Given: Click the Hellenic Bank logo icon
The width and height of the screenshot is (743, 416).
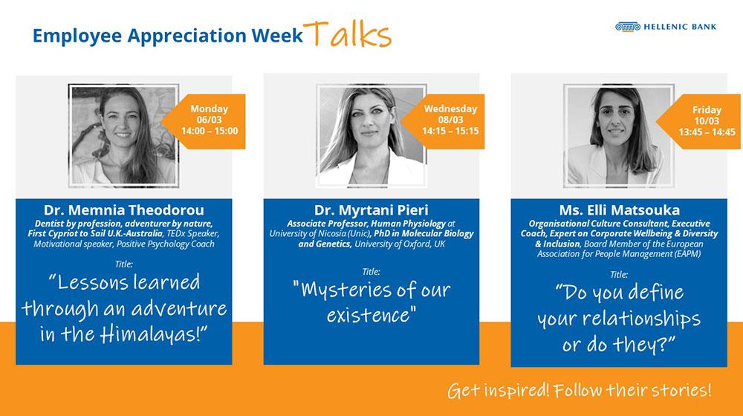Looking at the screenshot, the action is pyautogui.click(x=627, y=27).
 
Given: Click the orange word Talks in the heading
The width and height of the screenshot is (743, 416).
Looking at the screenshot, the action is pyautogui.click(x=348, y=34).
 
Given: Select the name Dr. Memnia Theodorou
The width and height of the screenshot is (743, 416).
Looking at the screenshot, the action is pyautogui.click(x=123, y=210).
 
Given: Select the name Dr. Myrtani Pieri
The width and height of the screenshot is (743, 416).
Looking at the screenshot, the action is pyautogui.click(x=371, y=210).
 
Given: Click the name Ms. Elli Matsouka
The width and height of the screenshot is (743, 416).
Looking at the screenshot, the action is pyautogui.click(x=619, y=210).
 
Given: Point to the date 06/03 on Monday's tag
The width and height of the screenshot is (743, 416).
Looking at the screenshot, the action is pyautogui.click(x=209, y=120).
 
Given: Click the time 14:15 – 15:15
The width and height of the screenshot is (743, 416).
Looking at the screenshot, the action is pyautogui.click(x=450, y=131).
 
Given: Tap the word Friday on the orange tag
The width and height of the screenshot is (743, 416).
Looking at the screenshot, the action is pyautogui.click(x=707, y=110).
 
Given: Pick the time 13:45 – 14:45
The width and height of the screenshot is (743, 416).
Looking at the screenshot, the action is pyautogui.click(x=707, y=132).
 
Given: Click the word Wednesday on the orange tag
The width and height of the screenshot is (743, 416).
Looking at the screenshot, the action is pyautogui.click(x=450, y=108).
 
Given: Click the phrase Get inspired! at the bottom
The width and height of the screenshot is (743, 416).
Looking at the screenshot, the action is pyautogui.click(x=498, y=391).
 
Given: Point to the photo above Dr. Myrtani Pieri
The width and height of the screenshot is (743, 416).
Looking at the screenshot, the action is pyautogui.click(x=371, y=135).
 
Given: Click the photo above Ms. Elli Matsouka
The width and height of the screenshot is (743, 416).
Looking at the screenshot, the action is pyautogui.click(x=619, y=135).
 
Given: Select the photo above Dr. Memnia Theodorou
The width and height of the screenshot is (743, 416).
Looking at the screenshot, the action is pyautogui.click(x=123, y=135).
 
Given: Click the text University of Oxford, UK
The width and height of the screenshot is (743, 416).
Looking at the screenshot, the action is pyautogui.click(x=400, y=244).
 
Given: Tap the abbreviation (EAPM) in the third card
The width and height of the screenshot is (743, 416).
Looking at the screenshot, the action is pyautogui.click(x=686, y=254).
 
